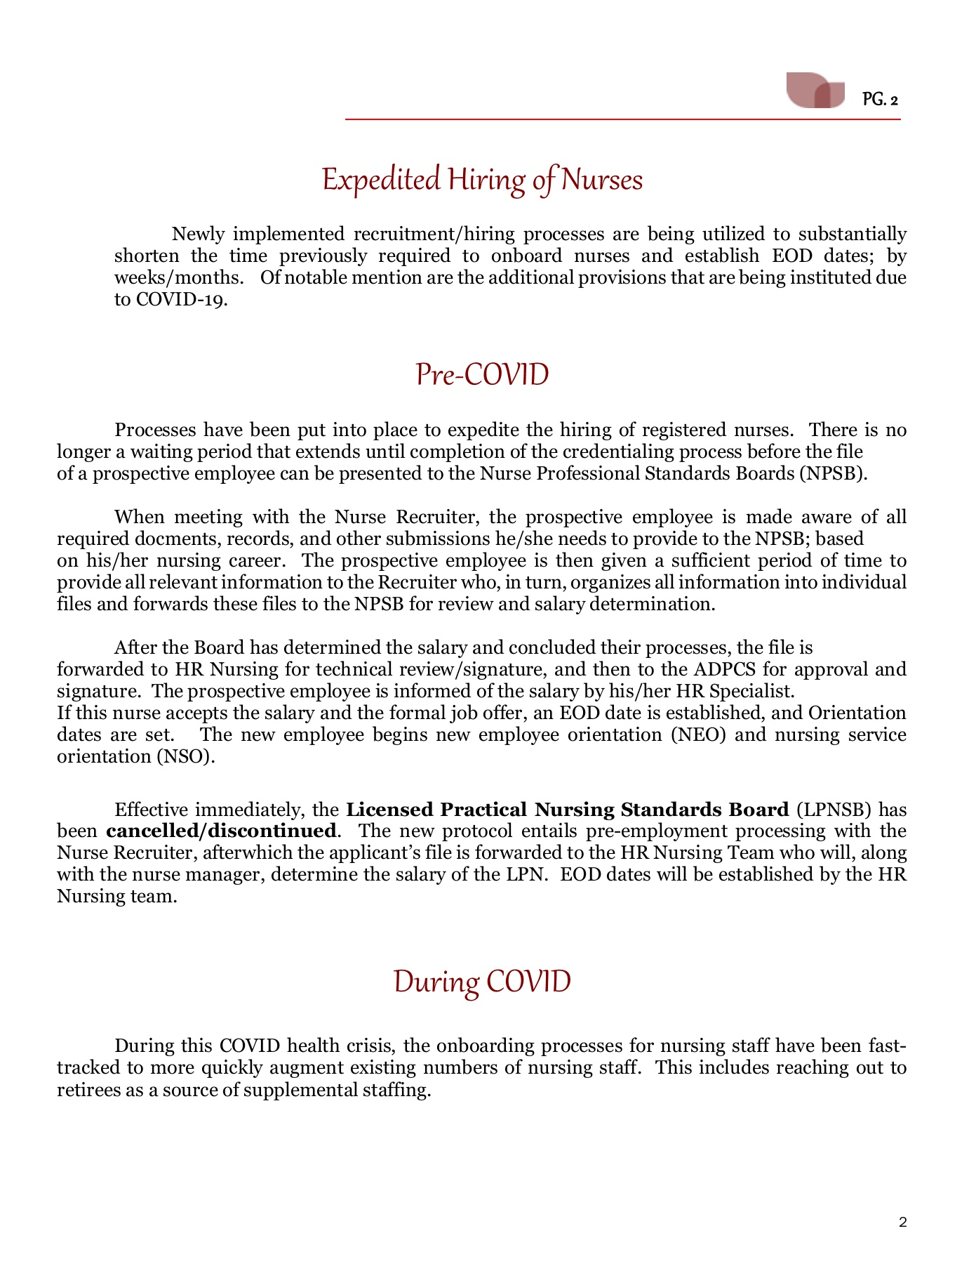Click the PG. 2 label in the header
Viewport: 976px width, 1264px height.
click(880, 100)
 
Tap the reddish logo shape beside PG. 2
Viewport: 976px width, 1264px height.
click(815, 90)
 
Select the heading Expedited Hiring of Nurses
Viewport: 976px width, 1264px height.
click(482, 180)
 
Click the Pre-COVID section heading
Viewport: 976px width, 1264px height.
click(482, 374)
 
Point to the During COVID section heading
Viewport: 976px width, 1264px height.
click(482, 981)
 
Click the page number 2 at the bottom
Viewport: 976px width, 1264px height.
click(902, 1223)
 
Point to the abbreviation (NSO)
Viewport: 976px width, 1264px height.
click(186, 756)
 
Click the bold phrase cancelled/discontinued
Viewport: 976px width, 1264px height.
click(221, 831)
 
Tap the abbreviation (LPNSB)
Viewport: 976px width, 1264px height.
click(834, 810)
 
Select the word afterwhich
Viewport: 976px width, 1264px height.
click(245, 853)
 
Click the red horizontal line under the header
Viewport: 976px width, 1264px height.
click(622, 120)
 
